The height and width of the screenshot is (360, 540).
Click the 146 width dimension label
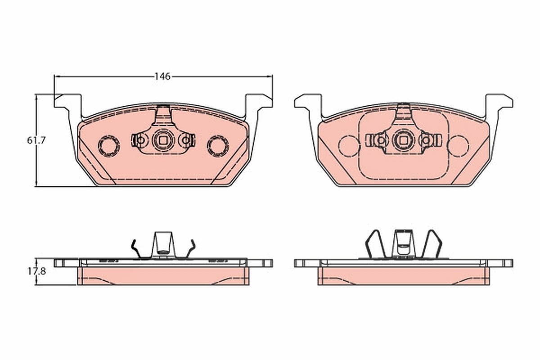pos(162,76)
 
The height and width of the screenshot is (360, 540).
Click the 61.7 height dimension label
pos(36,140)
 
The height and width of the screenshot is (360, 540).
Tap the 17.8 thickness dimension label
pos(36,271)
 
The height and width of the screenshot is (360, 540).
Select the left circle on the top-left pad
pos(108,146)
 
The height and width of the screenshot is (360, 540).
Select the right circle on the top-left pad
pos(218,146)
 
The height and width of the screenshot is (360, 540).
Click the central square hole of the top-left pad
pos(163,140)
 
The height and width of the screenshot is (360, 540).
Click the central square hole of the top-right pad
pos(404,140)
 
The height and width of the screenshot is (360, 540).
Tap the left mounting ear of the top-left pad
pos(68,101)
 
